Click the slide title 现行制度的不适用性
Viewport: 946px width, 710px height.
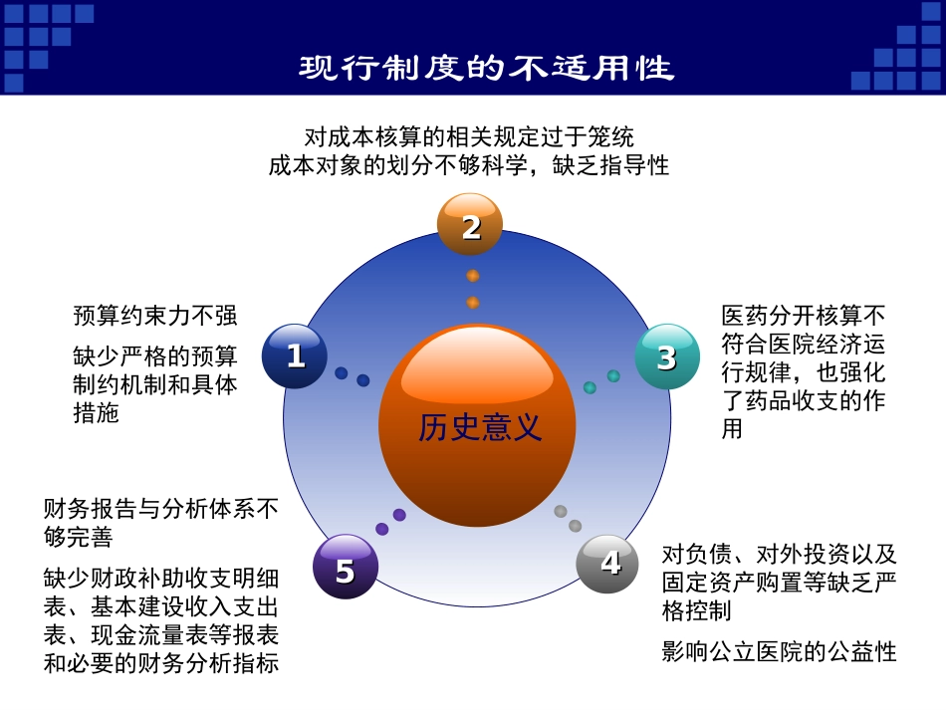click(x=487, y=68)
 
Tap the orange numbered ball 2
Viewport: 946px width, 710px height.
click(x=470, y=225)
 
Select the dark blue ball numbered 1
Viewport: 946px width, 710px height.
click(x=295, y=355)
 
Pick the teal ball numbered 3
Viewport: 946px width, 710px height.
click(x=667, y=355)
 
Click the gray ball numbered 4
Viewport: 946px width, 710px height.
click(x=608, y=564)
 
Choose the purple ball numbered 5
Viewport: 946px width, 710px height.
click(x=345, y=569)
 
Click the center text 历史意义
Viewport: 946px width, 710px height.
click(x=480, y=427)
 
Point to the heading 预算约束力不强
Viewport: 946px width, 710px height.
click(x=155, y=317)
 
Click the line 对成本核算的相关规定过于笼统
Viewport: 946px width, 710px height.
click(x=469, y=136)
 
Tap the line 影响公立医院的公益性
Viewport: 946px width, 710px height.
click(x=779, y=652)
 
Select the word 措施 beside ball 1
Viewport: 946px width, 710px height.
click(x=96, y=413)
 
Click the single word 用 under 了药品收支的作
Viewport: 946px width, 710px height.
click(x=732, y=430)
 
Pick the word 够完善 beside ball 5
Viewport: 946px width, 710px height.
click(x=79, y=537)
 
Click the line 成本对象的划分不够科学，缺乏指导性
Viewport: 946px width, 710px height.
click(x=469, y=165)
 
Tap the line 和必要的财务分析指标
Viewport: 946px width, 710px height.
click(x=160, y=663)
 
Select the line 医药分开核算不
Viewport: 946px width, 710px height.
click(x=803, y=317)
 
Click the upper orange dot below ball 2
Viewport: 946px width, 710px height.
click(x=473, y=276)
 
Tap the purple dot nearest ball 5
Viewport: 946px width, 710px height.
click(x=382, y=529)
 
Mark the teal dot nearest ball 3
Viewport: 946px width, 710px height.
click(x=613, y=376)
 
